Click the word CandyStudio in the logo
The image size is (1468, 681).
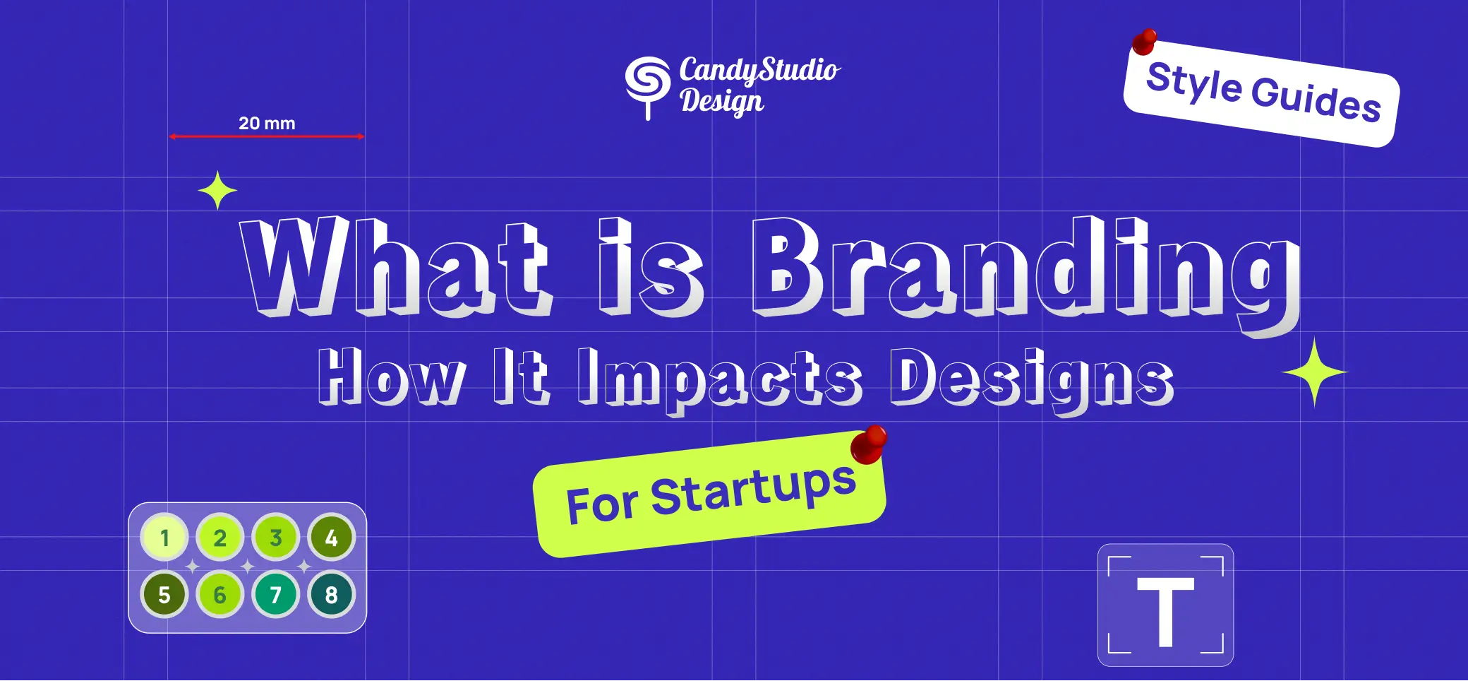759,71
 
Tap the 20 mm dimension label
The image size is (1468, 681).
267,123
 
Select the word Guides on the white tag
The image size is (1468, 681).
1316,101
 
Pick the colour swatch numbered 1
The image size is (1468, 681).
164,538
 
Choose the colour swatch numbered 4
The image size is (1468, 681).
331,538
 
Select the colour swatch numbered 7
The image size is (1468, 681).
275,595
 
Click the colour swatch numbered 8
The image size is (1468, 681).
331,595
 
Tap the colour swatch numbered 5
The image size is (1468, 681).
164,595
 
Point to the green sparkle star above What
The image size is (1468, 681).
217,191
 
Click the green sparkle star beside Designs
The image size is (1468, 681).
1314,372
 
